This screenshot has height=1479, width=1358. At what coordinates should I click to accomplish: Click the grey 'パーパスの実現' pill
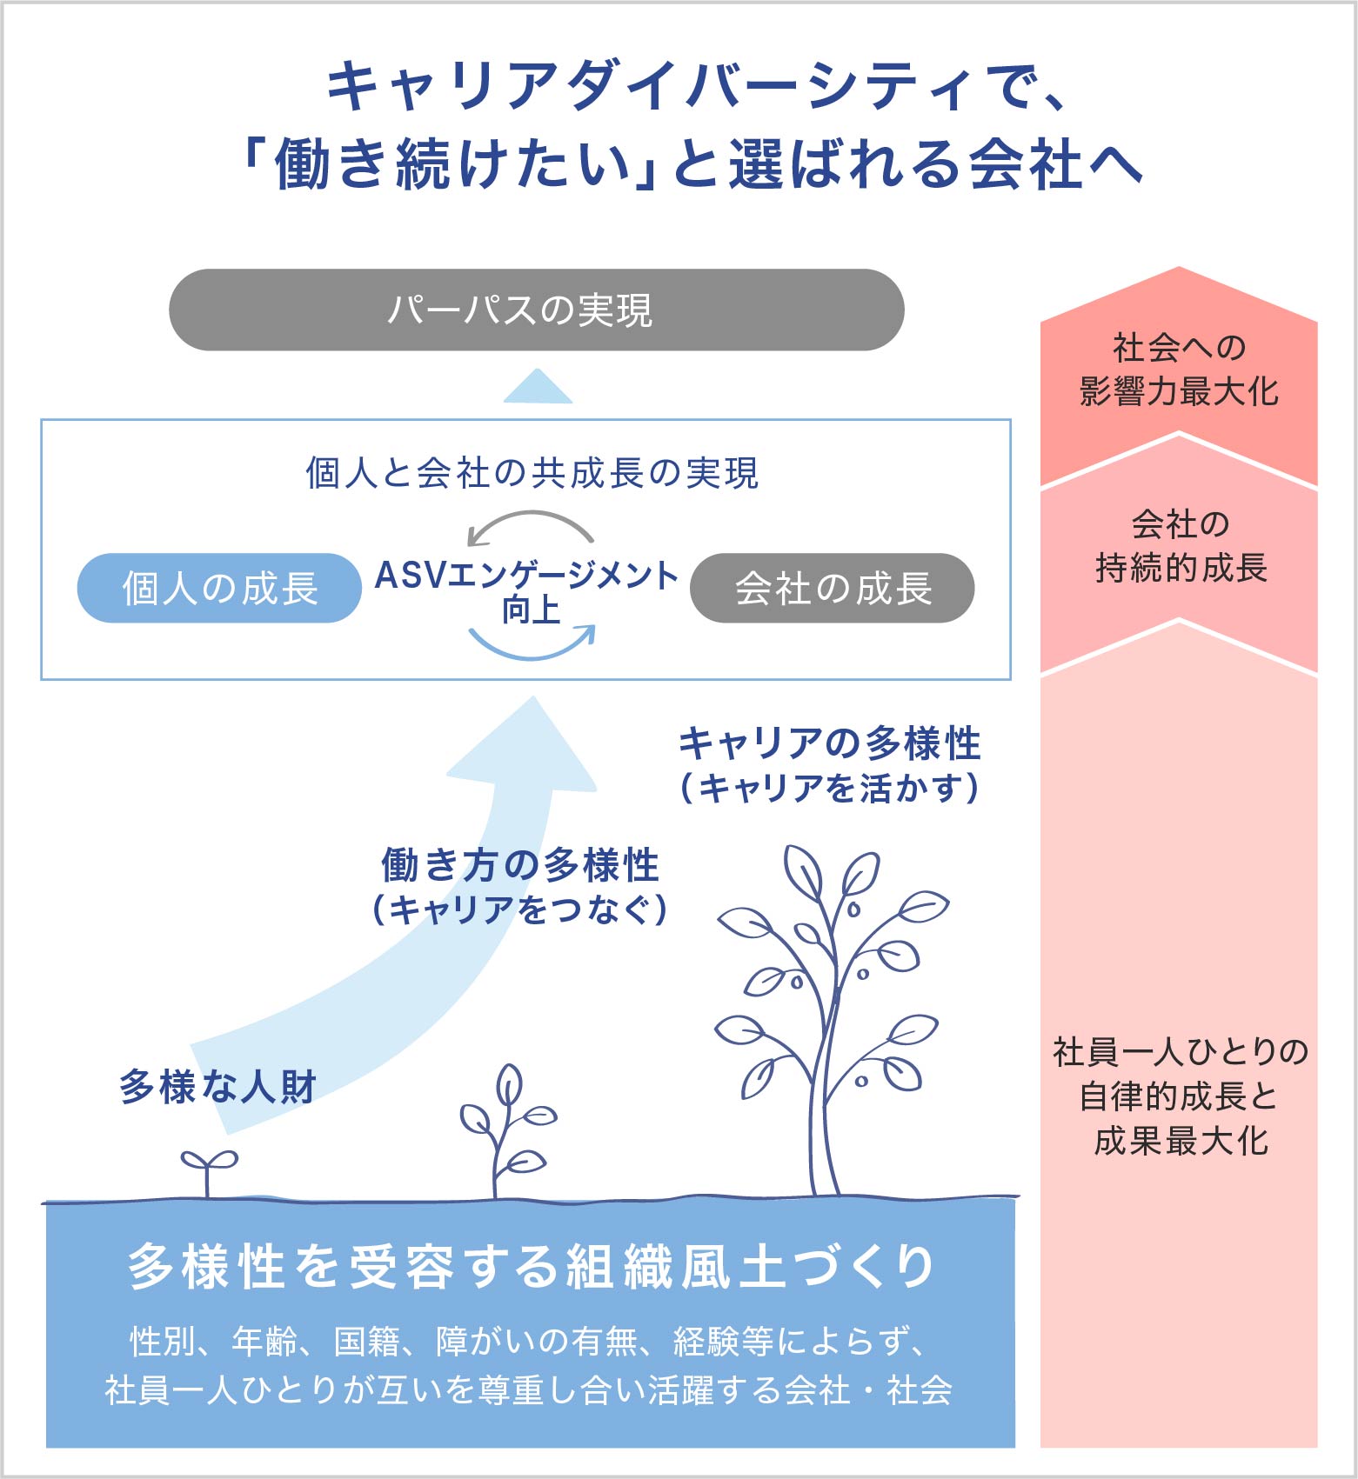tap(536, 310)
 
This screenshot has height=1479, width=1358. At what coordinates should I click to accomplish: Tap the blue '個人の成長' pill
tap(219, 588)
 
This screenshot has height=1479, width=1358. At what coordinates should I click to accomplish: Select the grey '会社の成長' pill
tap(832, 588)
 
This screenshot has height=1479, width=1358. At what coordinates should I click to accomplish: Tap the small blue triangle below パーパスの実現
tap(538, 388)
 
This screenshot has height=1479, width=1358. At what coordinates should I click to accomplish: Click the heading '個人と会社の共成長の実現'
tap(532, 473)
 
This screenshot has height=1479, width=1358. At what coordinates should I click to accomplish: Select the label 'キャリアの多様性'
tap(829, 744)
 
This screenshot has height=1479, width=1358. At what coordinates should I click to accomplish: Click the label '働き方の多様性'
tap(520, 865)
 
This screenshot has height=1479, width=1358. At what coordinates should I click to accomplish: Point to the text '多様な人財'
tap(217, 1086)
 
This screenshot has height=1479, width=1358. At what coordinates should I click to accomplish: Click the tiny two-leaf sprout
tap(208, 1169)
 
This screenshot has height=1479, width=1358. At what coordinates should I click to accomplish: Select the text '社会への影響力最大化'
tap(1179, 370)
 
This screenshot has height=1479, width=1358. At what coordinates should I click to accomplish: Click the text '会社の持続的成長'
tap(1180, 546)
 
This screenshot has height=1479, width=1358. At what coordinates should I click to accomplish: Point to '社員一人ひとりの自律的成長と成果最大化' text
tap(1180, 1096)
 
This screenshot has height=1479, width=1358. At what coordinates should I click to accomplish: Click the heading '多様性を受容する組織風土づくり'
tap(531, 1266)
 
